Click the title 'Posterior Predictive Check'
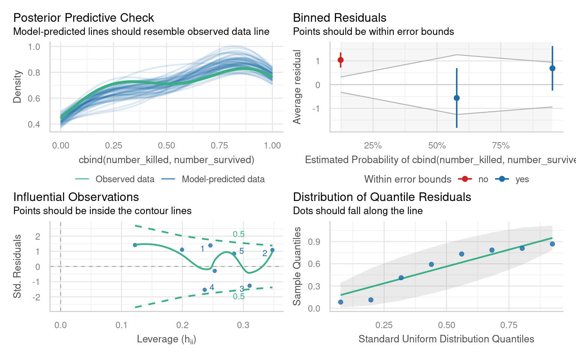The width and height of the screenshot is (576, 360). coord(84,18)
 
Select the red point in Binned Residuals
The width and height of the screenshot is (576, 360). coord(340,60)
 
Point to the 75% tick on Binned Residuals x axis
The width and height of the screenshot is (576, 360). coord(501,145)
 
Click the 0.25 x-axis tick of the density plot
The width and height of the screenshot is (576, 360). coord(114,145)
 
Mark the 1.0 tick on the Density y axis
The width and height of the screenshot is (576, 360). coord(34,47)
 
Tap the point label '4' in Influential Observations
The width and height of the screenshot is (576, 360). coord(212,287)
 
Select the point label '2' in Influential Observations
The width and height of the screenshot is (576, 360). coord(265,253)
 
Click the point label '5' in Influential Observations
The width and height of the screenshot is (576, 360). coord(241,251)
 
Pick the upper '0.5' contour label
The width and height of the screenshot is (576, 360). coord(238,234)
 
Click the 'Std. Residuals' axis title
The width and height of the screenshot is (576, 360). coord(17,266)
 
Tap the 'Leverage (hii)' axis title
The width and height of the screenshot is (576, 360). coord(166,339)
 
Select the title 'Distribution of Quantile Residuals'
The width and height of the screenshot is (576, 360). coord(382,197)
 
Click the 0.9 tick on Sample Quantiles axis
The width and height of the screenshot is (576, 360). coord(314,242)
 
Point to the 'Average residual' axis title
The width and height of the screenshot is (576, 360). coord(297,87)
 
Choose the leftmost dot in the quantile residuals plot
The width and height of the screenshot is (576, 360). coord(340,302)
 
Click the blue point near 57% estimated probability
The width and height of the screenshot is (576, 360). coord(457,98)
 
